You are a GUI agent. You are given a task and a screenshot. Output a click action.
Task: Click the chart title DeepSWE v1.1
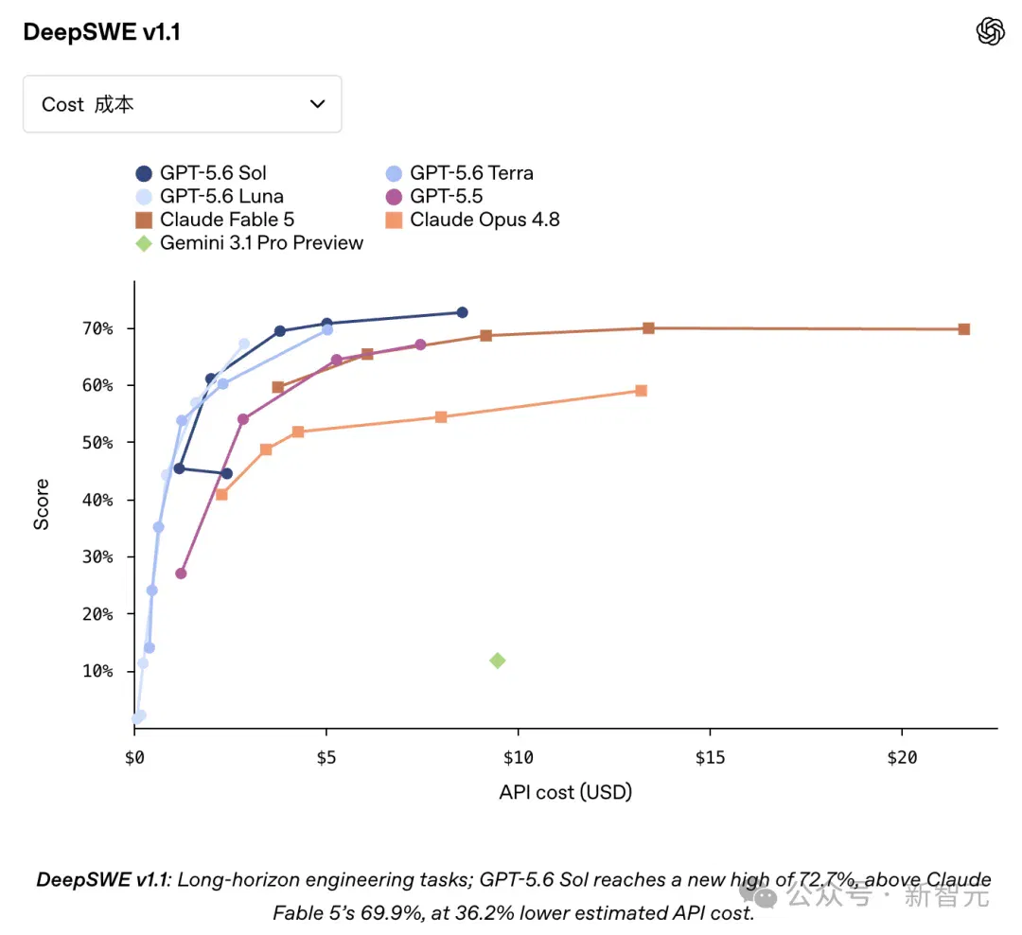(x=101, y=32)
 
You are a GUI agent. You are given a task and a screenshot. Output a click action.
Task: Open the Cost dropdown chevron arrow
(x=317, y=104)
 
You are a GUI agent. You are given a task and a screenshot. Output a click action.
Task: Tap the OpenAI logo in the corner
(x=990, y=31)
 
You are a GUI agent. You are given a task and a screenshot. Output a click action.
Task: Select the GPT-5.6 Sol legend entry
(x=201, y=173)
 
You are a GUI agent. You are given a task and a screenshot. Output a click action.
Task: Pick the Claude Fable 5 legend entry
(x=215, y=220)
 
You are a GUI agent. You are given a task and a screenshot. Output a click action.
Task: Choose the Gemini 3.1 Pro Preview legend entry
(x=249, y=243)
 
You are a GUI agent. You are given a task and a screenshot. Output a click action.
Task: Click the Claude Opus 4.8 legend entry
(x=472, y=220)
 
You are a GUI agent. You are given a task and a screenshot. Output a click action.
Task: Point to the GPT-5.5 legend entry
(x=434, y=196)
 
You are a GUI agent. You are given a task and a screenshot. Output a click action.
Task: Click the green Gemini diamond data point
(x=498, y=661)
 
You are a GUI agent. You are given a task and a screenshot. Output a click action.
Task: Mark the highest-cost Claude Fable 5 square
(x=964, y=329)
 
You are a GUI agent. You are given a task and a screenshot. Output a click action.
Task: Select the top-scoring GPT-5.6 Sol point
(x=462, y=312)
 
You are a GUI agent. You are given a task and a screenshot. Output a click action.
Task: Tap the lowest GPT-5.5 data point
(x=181, y=573)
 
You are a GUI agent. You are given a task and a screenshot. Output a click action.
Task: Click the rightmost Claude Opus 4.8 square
(x=641, y=391)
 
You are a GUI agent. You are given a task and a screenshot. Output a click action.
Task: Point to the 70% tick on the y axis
(x=131, y=328)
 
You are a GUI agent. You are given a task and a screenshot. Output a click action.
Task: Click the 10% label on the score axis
(x=97, y=671)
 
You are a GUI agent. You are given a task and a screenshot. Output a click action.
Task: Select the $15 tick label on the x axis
(x=710, y=758)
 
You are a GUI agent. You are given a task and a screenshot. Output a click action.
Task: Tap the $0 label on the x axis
(x=134, y=758)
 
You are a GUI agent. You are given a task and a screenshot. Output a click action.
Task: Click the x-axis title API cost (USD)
(x=566, y=792)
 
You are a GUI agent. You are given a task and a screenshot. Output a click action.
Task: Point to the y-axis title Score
(x=41, y=504)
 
